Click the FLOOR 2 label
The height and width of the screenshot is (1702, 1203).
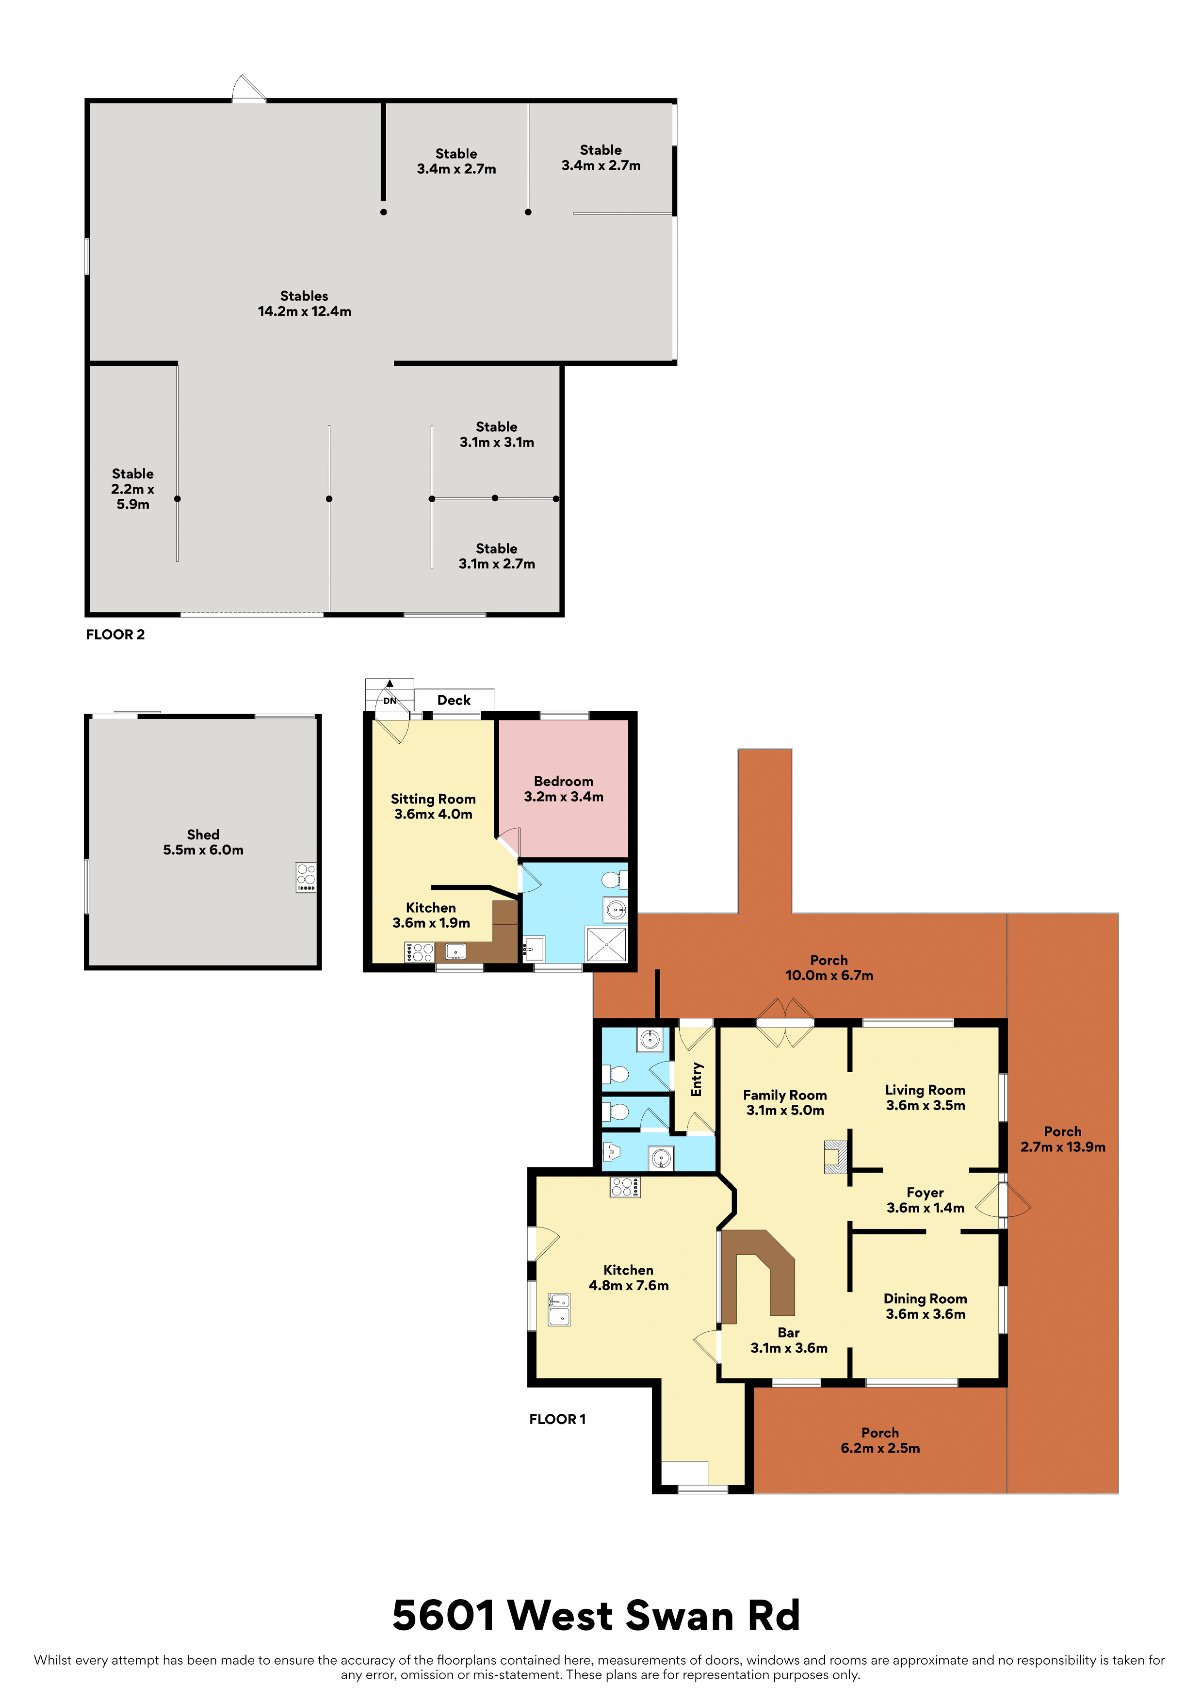[115, 635]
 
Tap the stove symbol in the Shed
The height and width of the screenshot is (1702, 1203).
[306, 878]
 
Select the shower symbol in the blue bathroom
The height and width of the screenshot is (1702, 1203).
[607, 945]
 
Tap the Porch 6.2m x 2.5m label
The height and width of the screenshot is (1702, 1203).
[880, 1440]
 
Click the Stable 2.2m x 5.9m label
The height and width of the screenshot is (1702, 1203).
[133, 489]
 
